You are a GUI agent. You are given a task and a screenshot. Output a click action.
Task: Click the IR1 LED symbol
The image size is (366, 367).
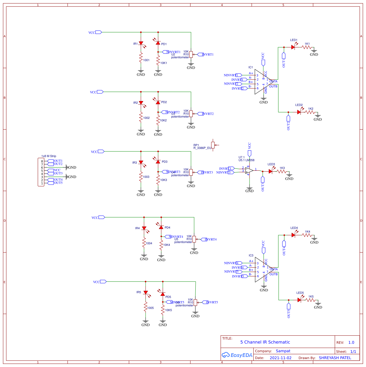tap(141, 43)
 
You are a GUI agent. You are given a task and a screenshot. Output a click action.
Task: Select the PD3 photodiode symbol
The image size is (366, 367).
tap(158, 161)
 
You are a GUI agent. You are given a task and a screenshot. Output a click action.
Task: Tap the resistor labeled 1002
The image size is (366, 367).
tap(141, 118)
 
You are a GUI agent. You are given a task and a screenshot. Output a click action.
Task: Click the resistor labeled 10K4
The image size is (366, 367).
tap(161, 245)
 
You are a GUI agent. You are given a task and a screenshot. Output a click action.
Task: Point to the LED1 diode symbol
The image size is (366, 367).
tap(293, 47)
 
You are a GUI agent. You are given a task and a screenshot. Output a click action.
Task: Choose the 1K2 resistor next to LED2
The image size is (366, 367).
tap(310, 112)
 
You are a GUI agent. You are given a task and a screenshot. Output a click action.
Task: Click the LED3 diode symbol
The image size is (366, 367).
tap(271, 172)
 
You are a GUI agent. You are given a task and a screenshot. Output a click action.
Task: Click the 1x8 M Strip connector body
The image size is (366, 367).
tap(41, 172)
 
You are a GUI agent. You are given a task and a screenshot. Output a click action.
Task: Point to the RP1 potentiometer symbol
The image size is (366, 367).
tap(213, 145)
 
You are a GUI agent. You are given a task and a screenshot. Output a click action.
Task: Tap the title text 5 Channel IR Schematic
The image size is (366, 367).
tap(265, 342)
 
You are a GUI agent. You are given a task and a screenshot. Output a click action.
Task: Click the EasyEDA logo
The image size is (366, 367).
tap(237, 355)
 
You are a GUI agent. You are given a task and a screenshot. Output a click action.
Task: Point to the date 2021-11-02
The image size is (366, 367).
tap(280, 358)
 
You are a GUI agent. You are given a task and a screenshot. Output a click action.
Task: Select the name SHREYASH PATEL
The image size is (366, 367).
tap(335, 358)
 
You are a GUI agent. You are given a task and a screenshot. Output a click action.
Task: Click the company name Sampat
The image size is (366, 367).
tap(283, 351)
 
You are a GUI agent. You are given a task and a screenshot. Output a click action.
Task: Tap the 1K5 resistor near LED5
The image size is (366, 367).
tap(310, 300)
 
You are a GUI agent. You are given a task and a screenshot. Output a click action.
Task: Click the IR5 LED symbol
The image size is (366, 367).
tap(146, 292)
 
